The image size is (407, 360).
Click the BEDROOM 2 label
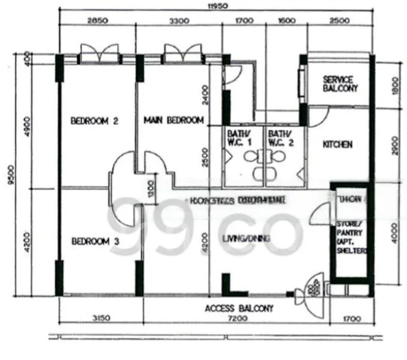tap(94, 121)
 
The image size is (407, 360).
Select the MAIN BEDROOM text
tap(173, 121)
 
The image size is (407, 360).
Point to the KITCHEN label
tap(337, 145)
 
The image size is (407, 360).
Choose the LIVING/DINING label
tap(246, 239)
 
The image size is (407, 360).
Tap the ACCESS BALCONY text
tap(239, 309)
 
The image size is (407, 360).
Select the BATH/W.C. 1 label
tap(239, 137)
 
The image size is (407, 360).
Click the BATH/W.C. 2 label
tap(280, 137)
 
